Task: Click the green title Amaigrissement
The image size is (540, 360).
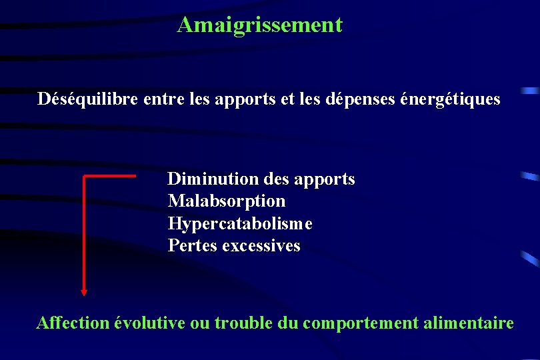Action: click(259, 25)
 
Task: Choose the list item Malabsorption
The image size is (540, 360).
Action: click(227, 201)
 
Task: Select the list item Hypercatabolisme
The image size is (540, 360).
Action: click(240, 223)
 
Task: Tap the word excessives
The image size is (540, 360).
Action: click(261, 245)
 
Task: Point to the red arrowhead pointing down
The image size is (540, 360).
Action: click(84, 291)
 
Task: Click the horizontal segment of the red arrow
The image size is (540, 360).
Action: click(110, 176)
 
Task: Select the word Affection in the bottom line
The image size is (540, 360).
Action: click(73, 323)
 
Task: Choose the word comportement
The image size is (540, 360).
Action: click(360, 324)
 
